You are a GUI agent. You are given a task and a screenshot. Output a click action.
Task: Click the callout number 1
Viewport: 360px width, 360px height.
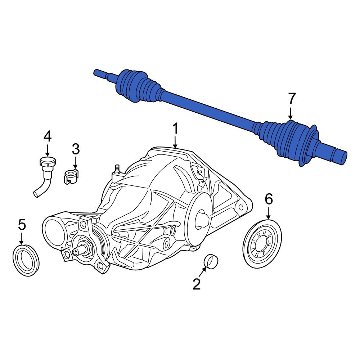click(x=175, y=129)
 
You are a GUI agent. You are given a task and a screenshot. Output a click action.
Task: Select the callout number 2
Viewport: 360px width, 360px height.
click(x=196, y=284)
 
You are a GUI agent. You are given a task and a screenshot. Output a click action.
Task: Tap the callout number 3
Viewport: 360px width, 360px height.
click(x=75, y=148)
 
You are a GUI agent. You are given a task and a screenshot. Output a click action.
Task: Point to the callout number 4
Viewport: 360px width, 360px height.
click(x=48, y=136)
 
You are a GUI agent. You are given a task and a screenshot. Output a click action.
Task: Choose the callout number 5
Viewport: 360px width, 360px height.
click(x=22, y=225)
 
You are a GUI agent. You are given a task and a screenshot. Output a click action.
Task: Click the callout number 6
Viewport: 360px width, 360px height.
click(x=269, y=199)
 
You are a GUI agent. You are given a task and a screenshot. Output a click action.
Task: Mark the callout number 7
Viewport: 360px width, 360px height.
click(x=291, y=99)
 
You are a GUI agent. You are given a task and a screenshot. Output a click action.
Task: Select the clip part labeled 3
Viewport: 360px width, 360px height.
click(x=71, y=177)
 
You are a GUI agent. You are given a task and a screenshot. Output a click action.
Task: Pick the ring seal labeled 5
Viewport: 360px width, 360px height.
click(x=26, y=260)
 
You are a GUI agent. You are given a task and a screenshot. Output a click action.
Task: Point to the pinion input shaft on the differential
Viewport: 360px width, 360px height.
click(x=80, y=251)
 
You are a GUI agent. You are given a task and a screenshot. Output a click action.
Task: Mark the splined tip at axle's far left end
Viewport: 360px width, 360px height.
click(x=99, y=73)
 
